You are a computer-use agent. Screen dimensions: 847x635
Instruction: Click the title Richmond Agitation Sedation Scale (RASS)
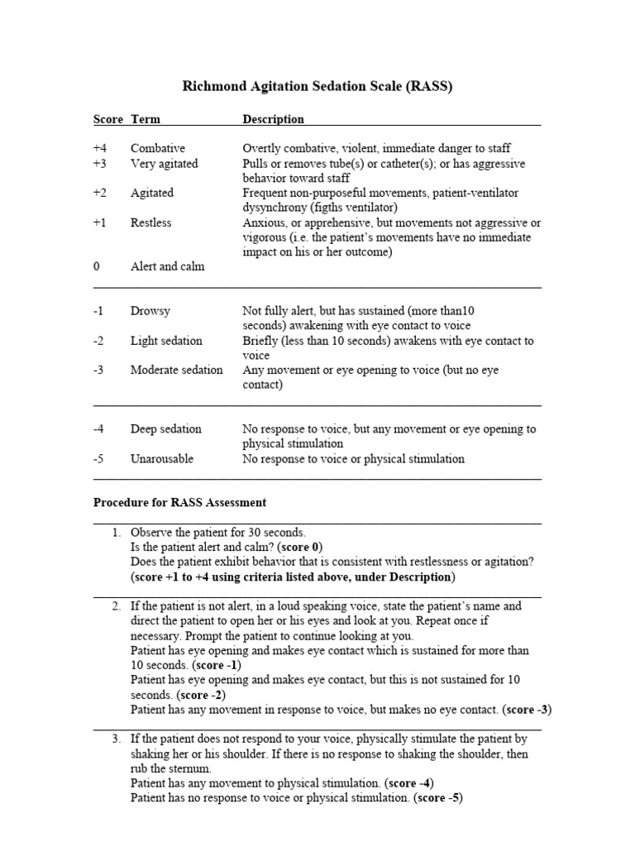(x=317, y=87)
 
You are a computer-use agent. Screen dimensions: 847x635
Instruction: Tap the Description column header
(x=273, y=119)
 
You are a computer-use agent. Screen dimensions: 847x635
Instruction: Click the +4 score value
(x=100, y=148)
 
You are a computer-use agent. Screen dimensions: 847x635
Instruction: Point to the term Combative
(x=157, y=148)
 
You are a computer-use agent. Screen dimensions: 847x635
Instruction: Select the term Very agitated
(x=164, y=163)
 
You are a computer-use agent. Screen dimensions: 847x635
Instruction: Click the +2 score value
(x=100, y=193)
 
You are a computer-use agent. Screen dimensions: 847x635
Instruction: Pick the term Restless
(x=152, y=223)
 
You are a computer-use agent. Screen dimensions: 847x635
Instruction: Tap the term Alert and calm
(x=167, y=266)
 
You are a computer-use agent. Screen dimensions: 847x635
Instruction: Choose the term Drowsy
(x=150, y=311)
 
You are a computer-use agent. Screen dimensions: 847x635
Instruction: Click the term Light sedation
(x=165, y=341)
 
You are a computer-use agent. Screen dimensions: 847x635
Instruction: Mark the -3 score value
(x=99, y=370)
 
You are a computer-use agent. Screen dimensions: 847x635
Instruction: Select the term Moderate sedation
(x=176, y=370)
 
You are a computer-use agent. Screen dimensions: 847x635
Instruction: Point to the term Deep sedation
(x=165, y=428)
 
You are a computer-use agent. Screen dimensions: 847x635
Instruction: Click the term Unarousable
(x=162, y=458)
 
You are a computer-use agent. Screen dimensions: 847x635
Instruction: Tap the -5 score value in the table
(x=99, y=458)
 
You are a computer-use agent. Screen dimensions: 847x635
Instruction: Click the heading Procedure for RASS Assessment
(x=179, y=502)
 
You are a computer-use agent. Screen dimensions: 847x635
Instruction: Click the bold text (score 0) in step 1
(x=300, y=547)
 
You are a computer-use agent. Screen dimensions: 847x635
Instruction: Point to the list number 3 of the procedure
(x=116, y=739)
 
